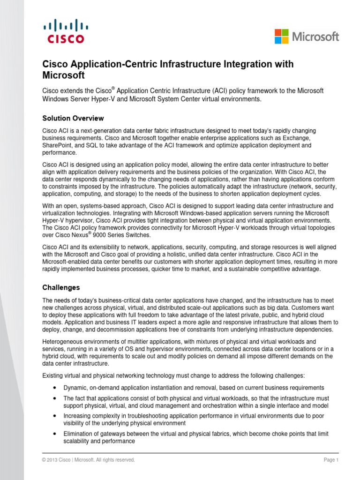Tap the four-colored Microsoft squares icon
tap(281, 36)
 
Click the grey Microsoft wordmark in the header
tap(315, 37)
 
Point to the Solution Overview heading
tap(73, 118)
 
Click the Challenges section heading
tap(61, 287)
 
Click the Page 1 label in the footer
tap(330, 460)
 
